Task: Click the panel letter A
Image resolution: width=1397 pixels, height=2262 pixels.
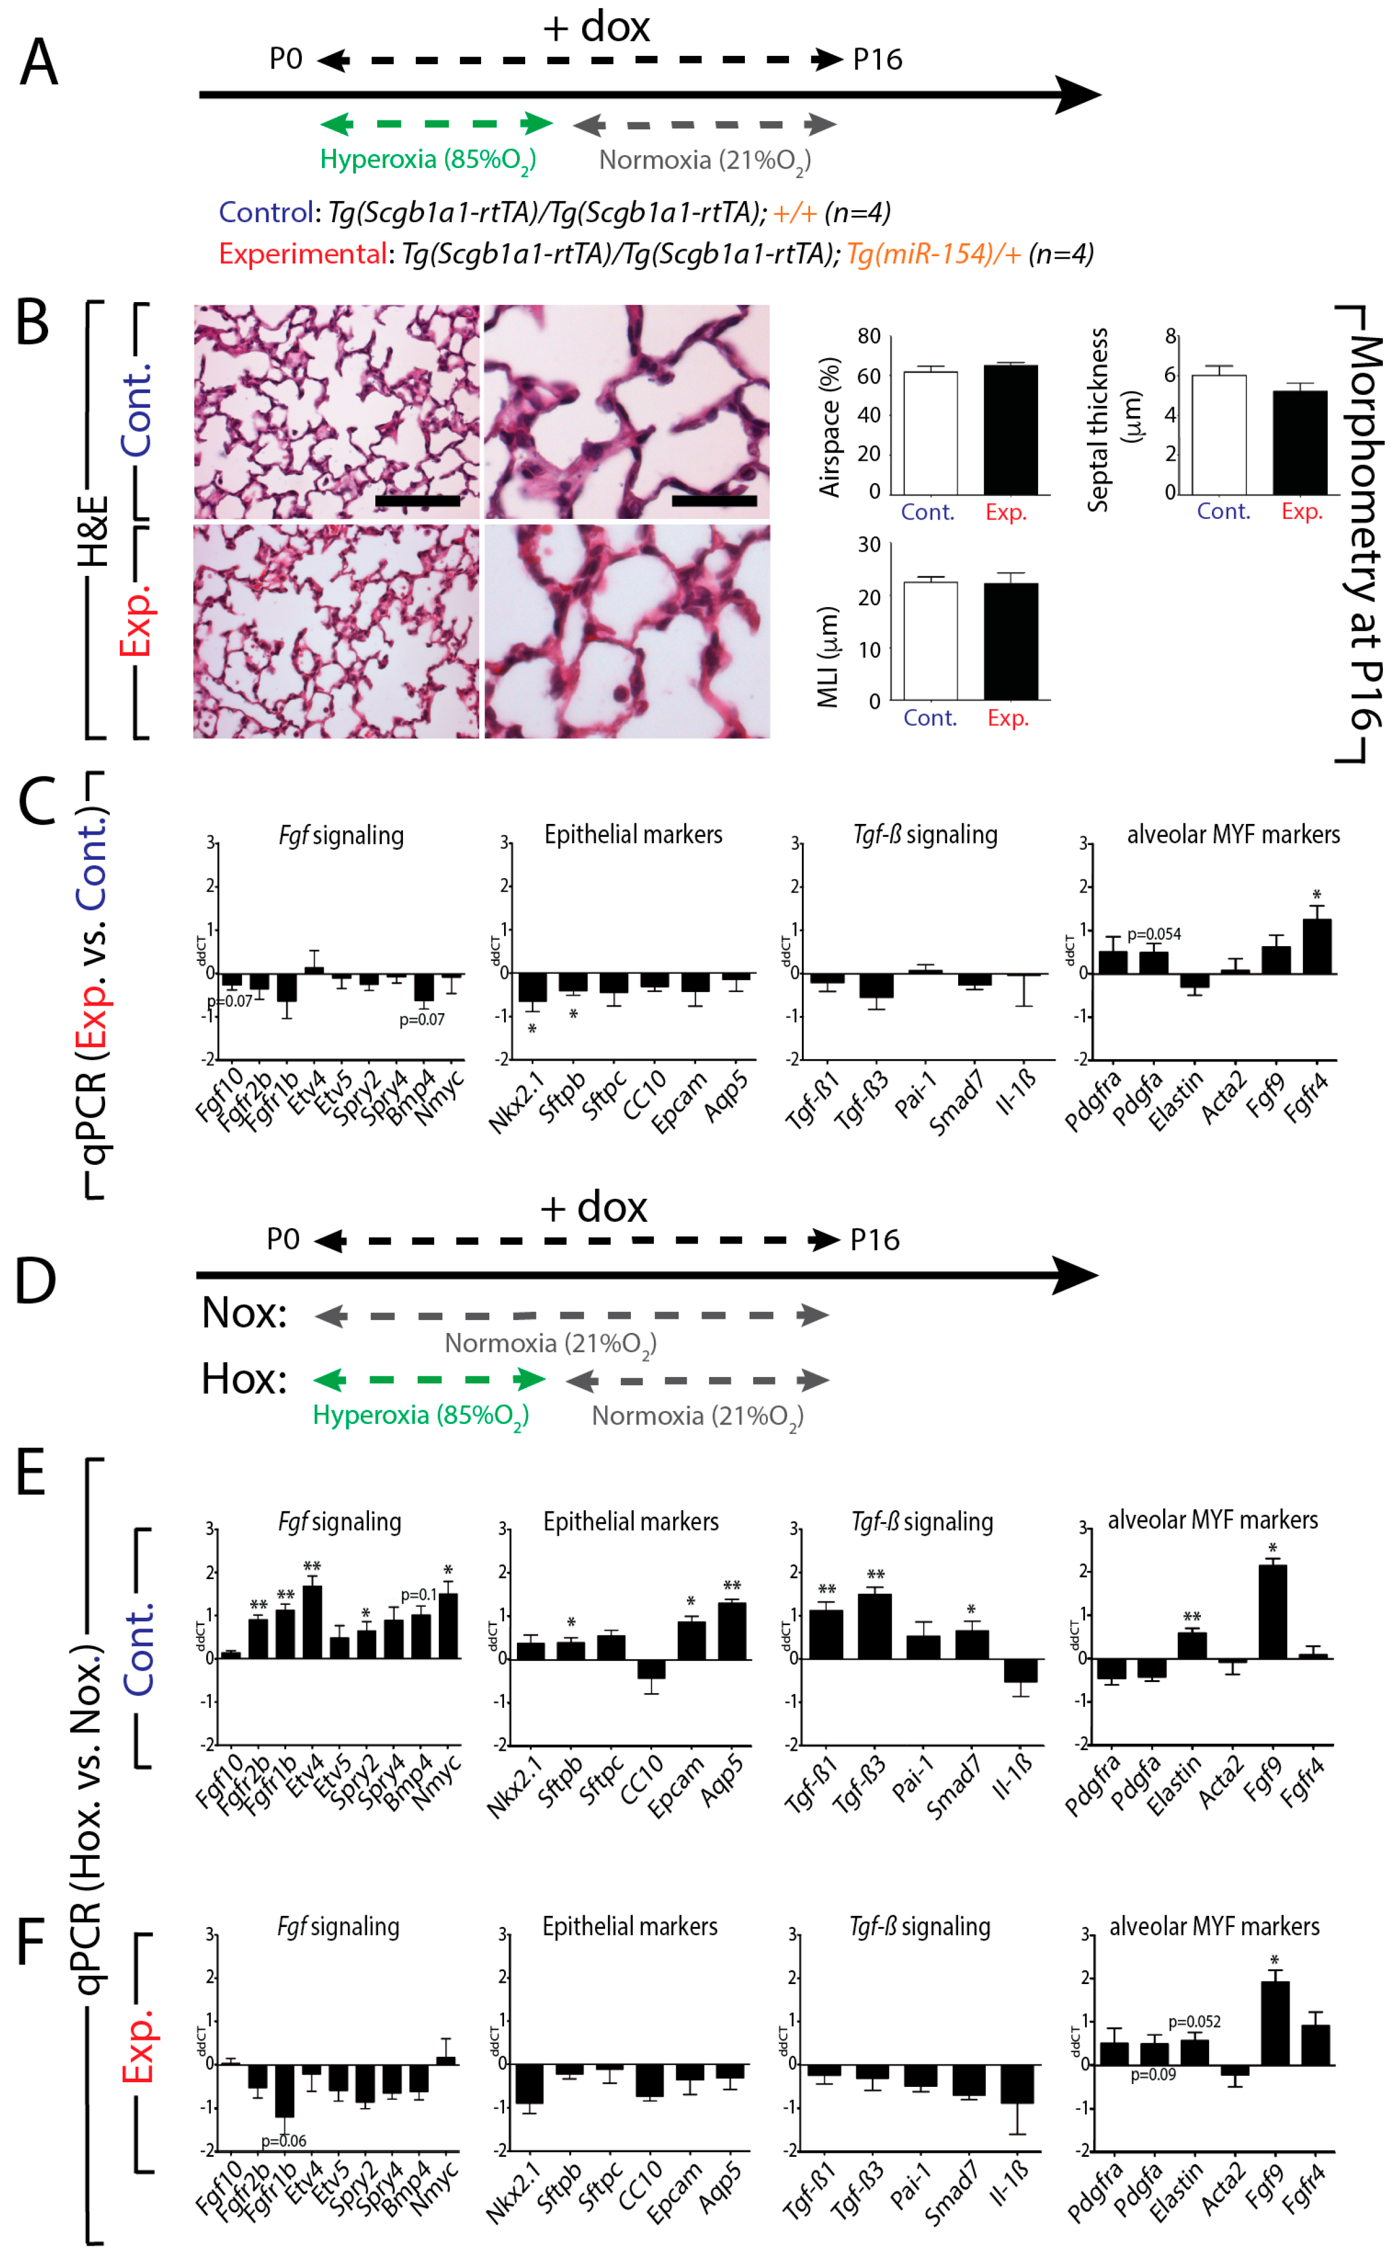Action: click(39, 63)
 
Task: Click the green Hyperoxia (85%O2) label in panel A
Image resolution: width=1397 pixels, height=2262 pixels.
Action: click(428, 160)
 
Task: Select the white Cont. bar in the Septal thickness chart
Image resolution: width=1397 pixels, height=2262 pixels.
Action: click(1218, 434)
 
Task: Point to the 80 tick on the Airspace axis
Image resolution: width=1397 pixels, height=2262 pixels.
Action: click(868, 336)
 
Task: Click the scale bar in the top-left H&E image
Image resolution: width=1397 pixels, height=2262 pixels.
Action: click(418, 501)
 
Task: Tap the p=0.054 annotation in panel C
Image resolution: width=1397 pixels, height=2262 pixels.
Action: click(1153, 934)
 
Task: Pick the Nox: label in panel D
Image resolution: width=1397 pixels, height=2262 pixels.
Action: click(244, 1313)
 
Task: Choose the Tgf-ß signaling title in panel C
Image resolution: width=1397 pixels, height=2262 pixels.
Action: click(925, 835)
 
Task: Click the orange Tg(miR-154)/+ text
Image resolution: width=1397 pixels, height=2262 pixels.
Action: click(933, 254)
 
